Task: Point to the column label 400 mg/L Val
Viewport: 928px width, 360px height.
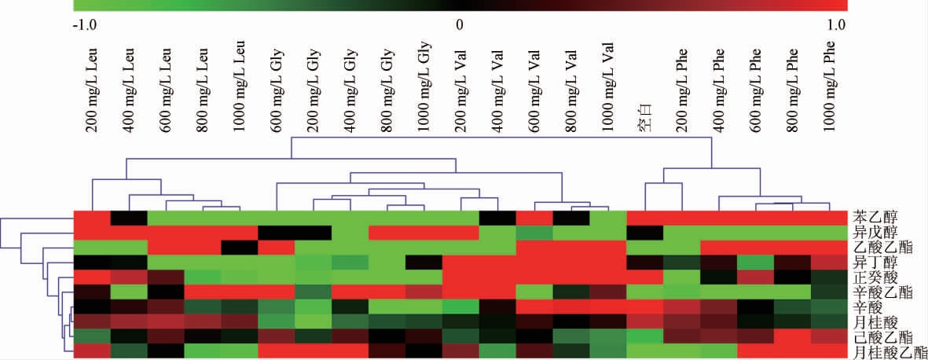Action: tap(498, 86)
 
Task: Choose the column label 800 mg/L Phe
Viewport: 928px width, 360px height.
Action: tap(794, 86)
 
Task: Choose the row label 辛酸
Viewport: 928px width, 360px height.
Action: tap(869, 307)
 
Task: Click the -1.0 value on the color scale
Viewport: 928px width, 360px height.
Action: tap(83, 24)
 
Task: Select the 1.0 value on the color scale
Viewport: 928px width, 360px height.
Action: tap(836, 24)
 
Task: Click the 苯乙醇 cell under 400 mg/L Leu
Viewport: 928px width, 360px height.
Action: tap(129, 218)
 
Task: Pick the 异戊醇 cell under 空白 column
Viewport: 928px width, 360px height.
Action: tap(646, 233)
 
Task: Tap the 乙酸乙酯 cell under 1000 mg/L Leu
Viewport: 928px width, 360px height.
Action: tap(240, 247)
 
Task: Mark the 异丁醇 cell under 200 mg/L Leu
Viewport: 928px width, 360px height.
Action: tap(92, 262)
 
